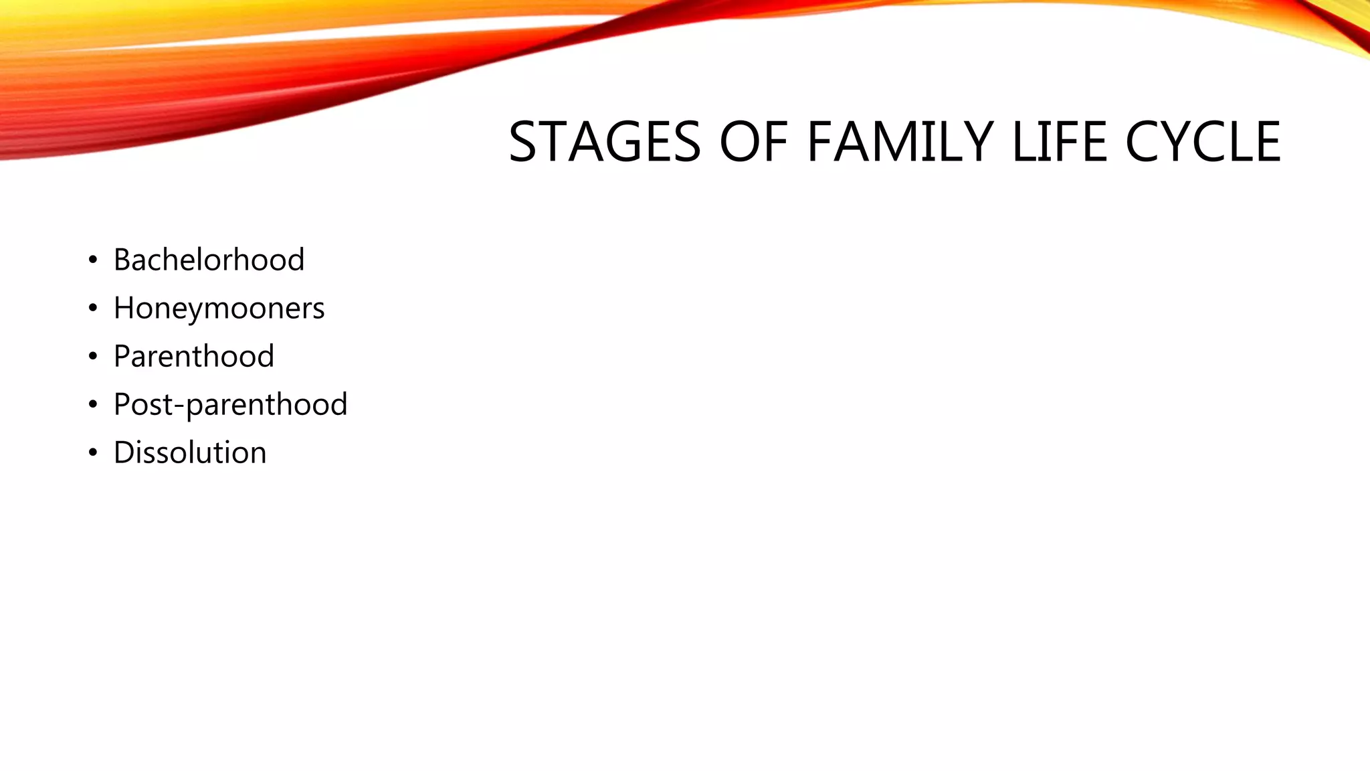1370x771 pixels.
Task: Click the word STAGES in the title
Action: click(x=604, y=142)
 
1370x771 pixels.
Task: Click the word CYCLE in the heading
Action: click(x=1203, y=142)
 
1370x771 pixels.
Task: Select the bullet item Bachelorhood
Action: click(x=209, y=260)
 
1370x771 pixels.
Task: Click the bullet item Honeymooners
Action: click(x=219, y=309)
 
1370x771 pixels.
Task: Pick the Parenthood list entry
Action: click(x=194, y=356)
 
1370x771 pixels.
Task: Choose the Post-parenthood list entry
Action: click(x=230, y=405)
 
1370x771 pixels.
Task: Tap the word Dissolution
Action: click(x=190, y=453)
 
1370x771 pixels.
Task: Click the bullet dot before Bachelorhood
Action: click(x=93, y=260)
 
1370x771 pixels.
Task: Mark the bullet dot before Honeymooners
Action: click(x=93, y=309)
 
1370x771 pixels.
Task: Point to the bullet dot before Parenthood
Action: click(x=93, y=357)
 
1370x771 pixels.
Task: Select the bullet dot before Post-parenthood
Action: click(x=93, y=405)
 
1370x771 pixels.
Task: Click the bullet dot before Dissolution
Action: click(x=93, y=453)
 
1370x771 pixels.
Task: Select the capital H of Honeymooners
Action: click(x=124, y=308)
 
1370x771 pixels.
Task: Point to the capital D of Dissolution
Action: click(x=124, y=452)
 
